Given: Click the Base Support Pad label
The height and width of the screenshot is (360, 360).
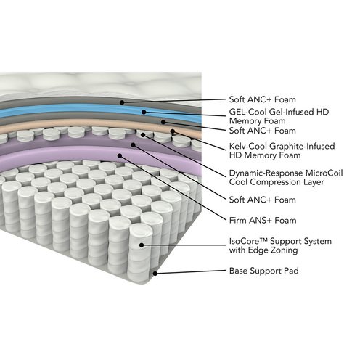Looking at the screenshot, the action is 263,271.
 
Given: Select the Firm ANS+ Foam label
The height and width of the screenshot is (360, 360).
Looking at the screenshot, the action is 263,221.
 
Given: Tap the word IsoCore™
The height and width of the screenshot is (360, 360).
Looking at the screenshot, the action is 248,241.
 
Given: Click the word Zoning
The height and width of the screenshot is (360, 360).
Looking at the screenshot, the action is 284,250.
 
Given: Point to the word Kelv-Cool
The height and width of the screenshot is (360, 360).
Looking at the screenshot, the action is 248,146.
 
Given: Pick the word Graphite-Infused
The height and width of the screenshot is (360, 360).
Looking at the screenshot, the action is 302,147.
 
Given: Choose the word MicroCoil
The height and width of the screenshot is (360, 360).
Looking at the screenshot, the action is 324,173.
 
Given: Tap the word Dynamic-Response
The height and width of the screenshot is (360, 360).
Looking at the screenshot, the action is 266,173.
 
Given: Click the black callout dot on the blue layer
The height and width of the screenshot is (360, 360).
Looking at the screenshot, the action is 144,112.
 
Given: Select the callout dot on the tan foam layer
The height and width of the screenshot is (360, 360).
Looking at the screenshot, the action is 173,131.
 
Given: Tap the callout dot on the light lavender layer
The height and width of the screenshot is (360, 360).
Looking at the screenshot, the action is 119,155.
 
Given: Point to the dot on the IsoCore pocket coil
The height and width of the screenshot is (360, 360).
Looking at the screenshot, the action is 142,245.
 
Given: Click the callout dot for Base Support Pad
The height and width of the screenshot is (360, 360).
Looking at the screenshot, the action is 155,274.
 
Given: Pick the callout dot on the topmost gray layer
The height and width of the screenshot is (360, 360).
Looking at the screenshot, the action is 122,102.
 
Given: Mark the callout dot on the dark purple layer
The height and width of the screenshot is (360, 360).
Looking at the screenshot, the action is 133,145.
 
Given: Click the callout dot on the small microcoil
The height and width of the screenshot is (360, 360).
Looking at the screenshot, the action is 143,135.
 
